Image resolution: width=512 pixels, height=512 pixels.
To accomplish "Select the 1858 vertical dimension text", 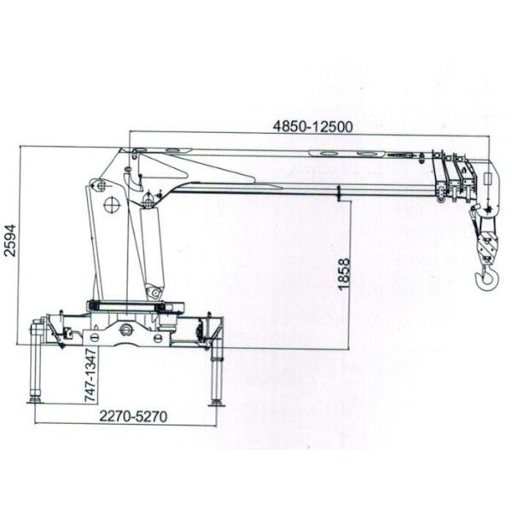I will click(x=344, y=275).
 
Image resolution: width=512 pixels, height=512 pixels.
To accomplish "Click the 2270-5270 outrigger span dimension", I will click(x=131, y=417).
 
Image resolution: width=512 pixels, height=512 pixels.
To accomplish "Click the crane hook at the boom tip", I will click(x=486, y=275).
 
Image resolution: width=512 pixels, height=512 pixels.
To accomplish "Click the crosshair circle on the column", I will click(x=111, y=206).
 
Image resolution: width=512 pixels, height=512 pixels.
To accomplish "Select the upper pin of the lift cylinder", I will click(x=148, y=201).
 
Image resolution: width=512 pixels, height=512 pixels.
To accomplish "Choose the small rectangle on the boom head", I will click(x=486, y=182).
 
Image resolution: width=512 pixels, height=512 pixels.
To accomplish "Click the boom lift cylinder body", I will click(x=153, y=247).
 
